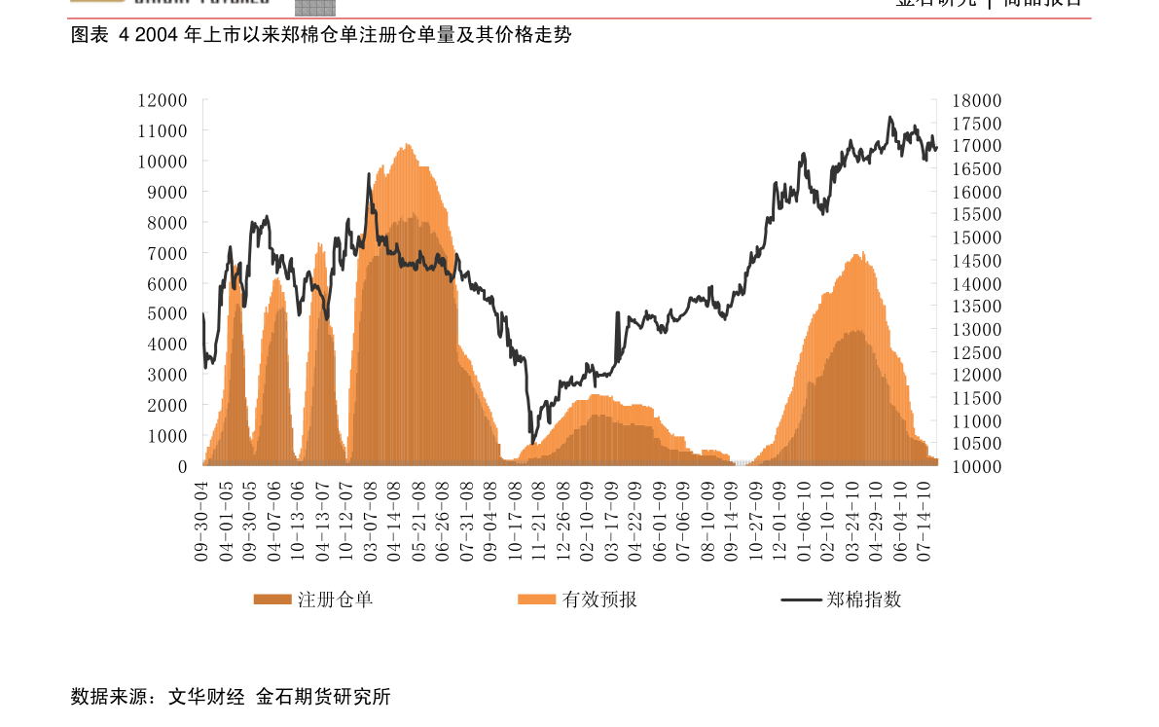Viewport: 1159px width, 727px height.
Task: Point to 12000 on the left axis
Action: tap(163, 100)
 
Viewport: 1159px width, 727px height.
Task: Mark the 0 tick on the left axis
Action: tap(182, 467)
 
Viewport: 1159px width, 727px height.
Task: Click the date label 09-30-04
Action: tap(202, 521)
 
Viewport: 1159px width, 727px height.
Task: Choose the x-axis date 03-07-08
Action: tap(370, 521)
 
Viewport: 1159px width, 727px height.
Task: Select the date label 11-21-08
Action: tap(538, 521)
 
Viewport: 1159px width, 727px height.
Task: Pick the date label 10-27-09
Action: tap(755, 521)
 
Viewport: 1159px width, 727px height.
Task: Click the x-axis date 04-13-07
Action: tap(322, 521)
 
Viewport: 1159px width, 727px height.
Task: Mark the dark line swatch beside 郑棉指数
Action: tap(801, 600)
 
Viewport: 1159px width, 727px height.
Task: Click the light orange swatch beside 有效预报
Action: tap(536, 600)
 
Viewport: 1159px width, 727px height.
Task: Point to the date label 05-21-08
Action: tap(418, 521)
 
